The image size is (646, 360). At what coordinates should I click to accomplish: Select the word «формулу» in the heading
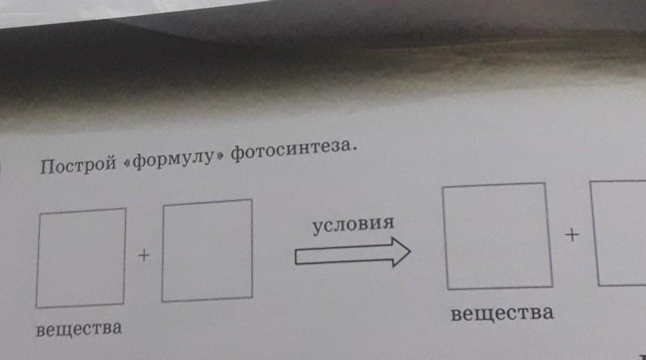pos(171,161)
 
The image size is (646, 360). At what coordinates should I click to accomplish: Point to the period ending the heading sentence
pos(354,148)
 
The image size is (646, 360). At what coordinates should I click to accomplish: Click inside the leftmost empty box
pos(81,258)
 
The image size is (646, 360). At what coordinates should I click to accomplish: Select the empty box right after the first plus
pos(207,251)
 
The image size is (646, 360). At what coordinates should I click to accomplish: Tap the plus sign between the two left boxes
pos(143,256)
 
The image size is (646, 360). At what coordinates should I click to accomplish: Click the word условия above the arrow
pos(353,225)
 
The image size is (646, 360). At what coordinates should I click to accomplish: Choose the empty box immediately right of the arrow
pos(496,236)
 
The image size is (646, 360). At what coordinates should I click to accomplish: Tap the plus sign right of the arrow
pos(572,236)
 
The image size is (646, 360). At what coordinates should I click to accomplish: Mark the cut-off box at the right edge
pos(621,232)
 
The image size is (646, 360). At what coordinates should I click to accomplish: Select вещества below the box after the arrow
pos(501,313)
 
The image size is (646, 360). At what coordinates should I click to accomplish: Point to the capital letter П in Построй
pos(48,168)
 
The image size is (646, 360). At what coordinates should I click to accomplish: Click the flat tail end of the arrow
pos(297,258)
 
